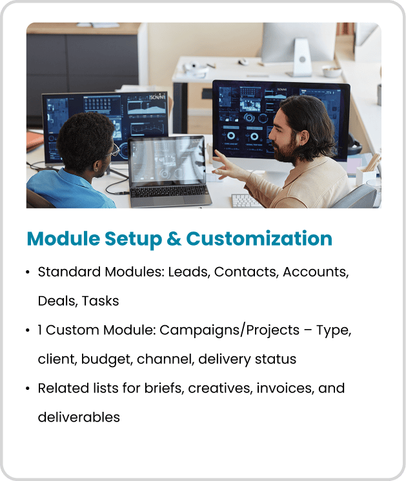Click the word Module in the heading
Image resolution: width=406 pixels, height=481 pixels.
63,239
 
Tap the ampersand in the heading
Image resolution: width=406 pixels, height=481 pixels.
174,239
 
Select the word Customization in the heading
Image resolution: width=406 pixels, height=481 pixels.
259,239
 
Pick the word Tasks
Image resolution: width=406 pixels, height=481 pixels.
100,301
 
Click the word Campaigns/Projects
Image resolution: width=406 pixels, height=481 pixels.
229,330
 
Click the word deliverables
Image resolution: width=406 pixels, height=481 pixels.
79,417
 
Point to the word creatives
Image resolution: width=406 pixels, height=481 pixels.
221,388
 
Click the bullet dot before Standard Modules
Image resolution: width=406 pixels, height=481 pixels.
28,272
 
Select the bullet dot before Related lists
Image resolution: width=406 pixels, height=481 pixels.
28,389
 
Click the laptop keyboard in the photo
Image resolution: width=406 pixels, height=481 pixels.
169,192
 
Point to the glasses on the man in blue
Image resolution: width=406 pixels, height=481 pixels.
114,150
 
